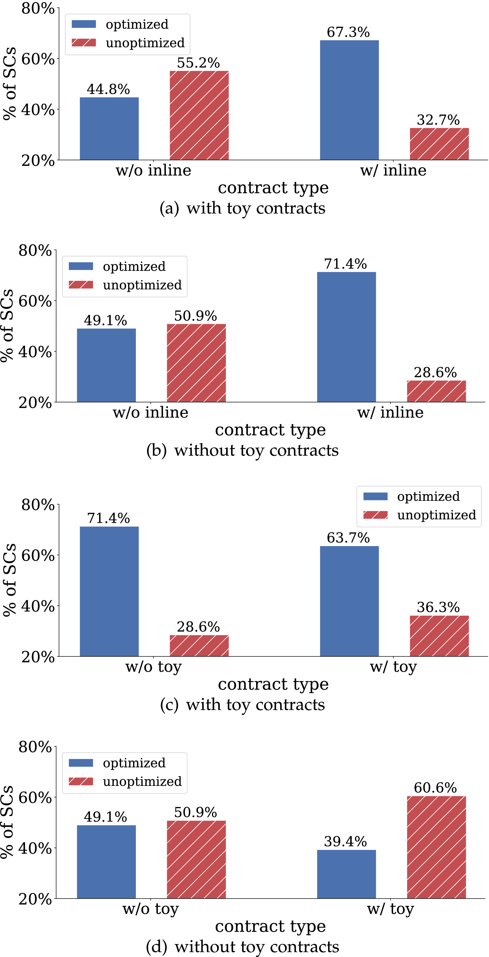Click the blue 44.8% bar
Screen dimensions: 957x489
[109, 129]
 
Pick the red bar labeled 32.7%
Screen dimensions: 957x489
[439, 144]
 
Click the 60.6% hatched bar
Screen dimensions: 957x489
[436, 847]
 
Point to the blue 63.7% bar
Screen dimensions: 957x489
[349, 601]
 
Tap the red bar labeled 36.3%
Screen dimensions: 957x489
[439, 636]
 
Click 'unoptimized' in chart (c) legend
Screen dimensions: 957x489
[436, 515]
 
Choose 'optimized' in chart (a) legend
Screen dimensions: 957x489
[137, 24]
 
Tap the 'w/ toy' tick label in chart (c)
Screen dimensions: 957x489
[393, 667]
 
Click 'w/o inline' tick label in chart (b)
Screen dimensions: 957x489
[150, 412]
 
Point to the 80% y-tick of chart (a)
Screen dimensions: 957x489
[38, 8]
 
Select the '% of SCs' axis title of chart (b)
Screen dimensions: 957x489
[7, 325]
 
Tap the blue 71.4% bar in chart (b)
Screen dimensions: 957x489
[346, 337]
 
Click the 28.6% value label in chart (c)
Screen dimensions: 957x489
[198, 627]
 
